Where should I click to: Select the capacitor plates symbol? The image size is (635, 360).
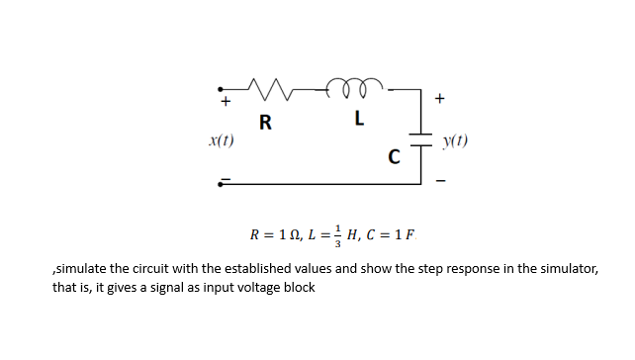pyautogui.click(x=426, y=139)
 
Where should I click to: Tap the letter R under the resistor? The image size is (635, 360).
pyautogui.click(x=264, y=124)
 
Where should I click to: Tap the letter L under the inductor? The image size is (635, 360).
pyautogui.click(x=359, y=121)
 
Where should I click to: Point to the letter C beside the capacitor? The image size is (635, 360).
pyautogui.click(x=395, y=156)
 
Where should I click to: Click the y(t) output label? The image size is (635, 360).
pyautogui.click(x=456, y=140)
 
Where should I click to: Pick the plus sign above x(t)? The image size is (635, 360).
pyautogui.click(x=226, y=101)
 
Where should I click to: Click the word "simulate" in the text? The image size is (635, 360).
pyautogui.click(x=83, y=269)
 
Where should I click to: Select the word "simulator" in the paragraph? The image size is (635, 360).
pyautogui.click(x=567, y=269)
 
